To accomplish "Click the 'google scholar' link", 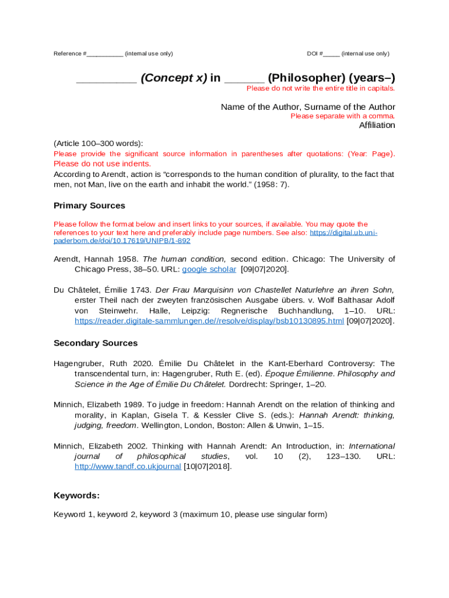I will tap(209, 269).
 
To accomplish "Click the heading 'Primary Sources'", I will tap(89, 206).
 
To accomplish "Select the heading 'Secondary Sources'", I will tap(96, 343).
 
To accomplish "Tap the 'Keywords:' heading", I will tap(76, 495).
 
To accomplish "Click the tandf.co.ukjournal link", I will tap(128, 466).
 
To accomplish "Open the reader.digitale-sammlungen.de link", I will tap(209, 321).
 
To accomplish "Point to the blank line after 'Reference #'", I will tap(105, 54).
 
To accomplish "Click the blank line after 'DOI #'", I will tap(331, 54).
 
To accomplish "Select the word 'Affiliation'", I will tap(377, 125).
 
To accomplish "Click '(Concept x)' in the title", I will tap(173, 78).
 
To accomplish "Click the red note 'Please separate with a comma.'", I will tap(343, 116).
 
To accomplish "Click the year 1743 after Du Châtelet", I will tap(142, 290).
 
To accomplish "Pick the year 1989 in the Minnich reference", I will tap(132, 404).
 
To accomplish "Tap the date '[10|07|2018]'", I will tap(203, 466).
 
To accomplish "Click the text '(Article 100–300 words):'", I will tap(98, 143).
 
